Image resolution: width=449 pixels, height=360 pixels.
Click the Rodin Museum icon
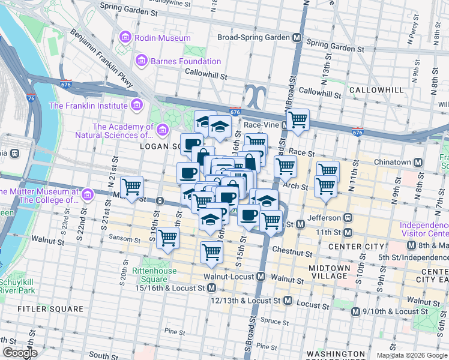(x=125, y=38)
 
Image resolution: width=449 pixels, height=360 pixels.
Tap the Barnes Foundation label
(x=185, y=61)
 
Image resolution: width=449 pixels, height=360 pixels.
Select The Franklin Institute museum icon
(x=136, y=106)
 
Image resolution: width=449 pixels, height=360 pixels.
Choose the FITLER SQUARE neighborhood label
(x=50, y=309)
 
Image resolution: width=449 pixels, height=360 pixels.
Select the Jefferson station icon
(x=346, y=218)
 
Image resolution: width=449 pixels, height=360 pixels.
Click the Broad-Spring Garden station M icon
(x=297, y=37)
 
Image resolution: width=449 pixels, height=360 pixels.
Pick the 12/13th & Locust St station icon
(x=288, y=300)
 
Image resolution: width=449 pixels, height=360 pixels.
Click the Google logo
(x=20, y=353)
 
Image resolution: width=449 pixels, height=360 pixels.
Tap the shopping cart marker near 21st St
(x=131, y=188)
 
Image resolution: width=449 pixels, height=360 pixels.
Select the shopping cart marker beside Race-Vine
(x=298, y=120)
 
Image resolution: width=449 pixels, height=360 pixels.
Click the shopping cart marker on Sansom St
(x=168, y=238)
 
